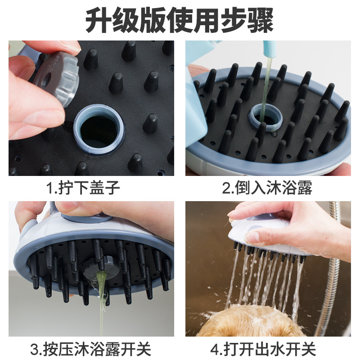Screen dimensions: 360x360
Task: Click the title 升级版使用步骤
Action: [180, 20]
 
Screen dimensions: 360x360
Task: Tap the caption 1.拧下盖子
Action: [84, 188]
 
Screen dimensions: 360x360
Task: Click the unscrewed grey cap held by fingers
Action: [58, 77]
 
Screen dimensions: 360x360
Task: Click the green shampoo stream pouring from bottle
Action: [267, 85]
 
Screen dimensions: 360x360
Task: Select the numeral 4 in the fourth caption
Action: [215, 349]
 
